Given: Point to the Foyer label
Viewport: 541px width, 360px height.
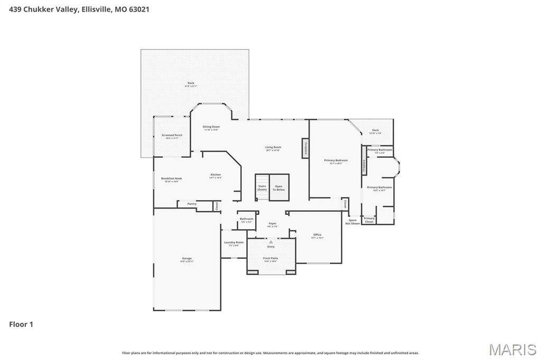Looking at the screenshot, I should pyautogui.click(x=272, y=224).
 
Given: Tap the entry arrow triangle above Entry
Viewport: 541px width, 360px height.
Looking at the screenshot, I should pyautogui.click(x=271, y=242).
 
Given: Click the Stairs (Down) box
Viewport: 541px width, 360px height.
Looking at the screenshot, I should pyautogui.click(x=262, y=187).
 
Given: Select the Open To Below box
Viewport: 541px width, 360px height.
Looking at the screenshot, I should pyautogui.click(x=278, y=187).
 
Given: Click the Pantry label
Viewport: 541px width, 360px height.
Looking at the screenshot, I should pyautogui.click(x=192, y=204).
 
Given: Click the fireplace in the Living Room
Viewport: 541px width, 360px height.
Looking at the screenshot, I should pyautogui.click(x=305, y=148).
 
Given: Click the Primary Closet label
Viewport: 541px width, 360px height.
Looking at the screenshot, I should pyautogui.click(x=369, y=220).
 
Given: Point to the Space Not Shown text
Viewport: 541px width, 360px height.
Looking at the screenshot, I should pyautogui.click(x=352, y=222).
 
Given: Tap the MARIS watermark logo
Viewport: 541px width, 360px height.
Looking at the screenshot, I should pyautogui.click(x=512, y=349).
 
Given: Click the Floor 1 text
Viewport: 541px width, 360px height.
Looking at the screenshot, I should pyautogui.click(x=21, y=325).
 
